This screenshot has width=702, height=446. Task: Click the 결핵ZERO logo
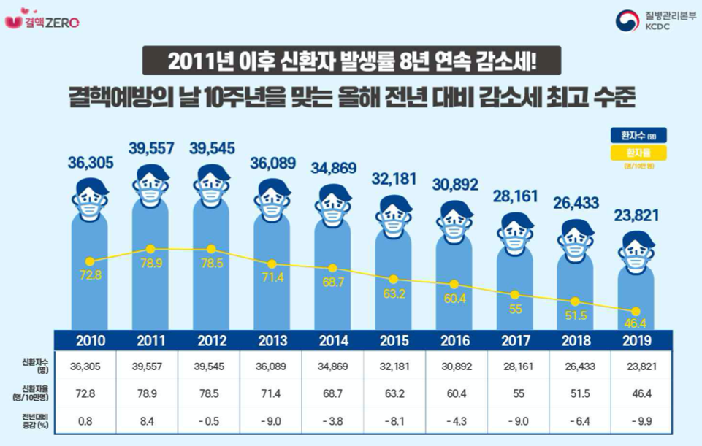(42, 20)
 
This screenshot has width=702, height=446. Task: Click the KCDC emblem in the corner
(625, 20)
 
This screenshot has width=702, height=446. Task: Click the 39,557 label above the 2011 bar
(151, 148)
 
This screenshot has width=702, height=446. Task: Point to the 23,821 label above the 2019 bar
(636, 215)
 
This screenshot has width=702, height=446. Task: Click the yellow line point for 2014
(333, 268)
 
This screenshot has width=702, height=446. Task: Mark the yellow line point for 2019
(636, 312)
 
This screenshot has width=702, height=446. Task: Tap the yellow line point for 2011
(151, 249)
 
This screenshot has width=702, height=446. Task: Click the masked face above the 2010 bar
(91, 197)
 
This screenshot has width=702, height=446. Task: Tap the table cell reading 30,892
(454, 364)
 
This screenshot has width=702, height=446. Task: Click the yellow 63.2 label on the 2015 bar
(394, 296)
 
